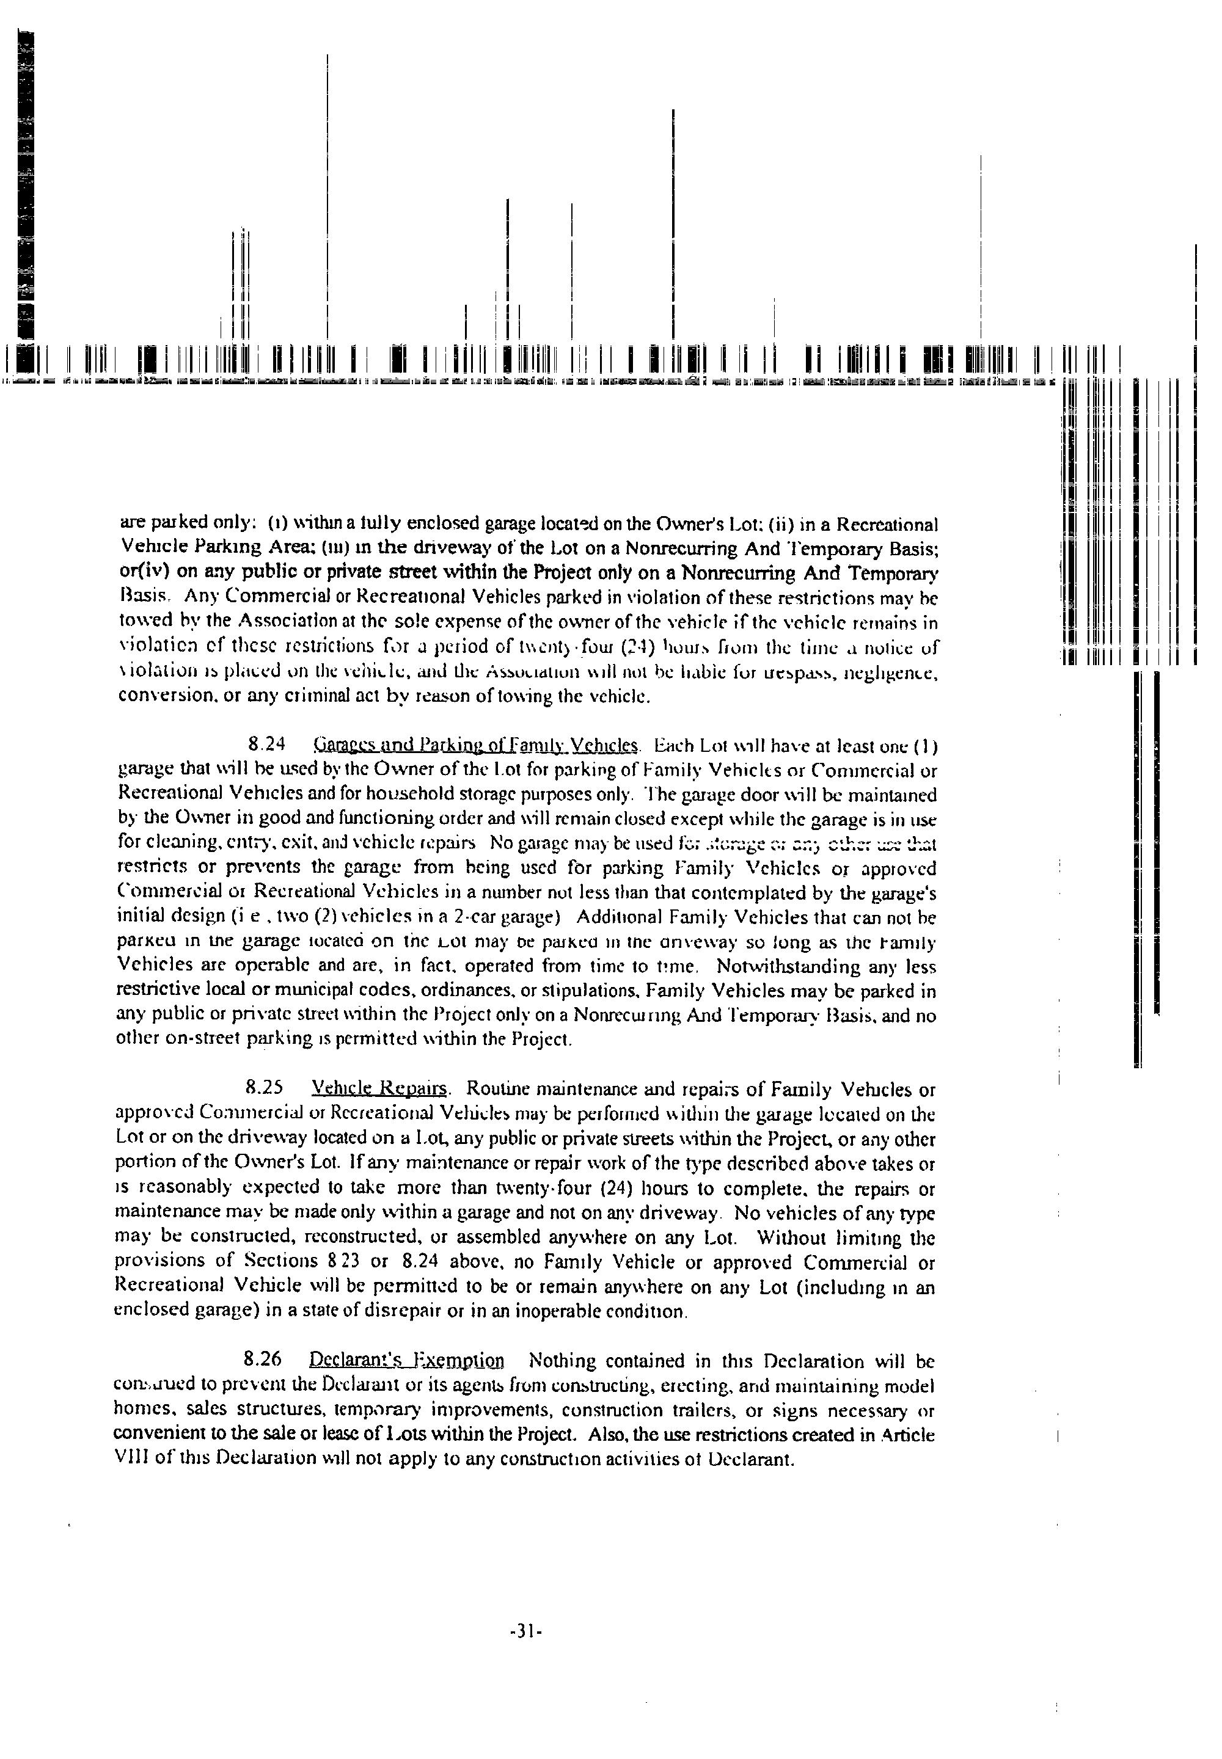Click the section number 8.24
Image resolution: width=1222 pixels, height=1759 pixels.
pos(267,744)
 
